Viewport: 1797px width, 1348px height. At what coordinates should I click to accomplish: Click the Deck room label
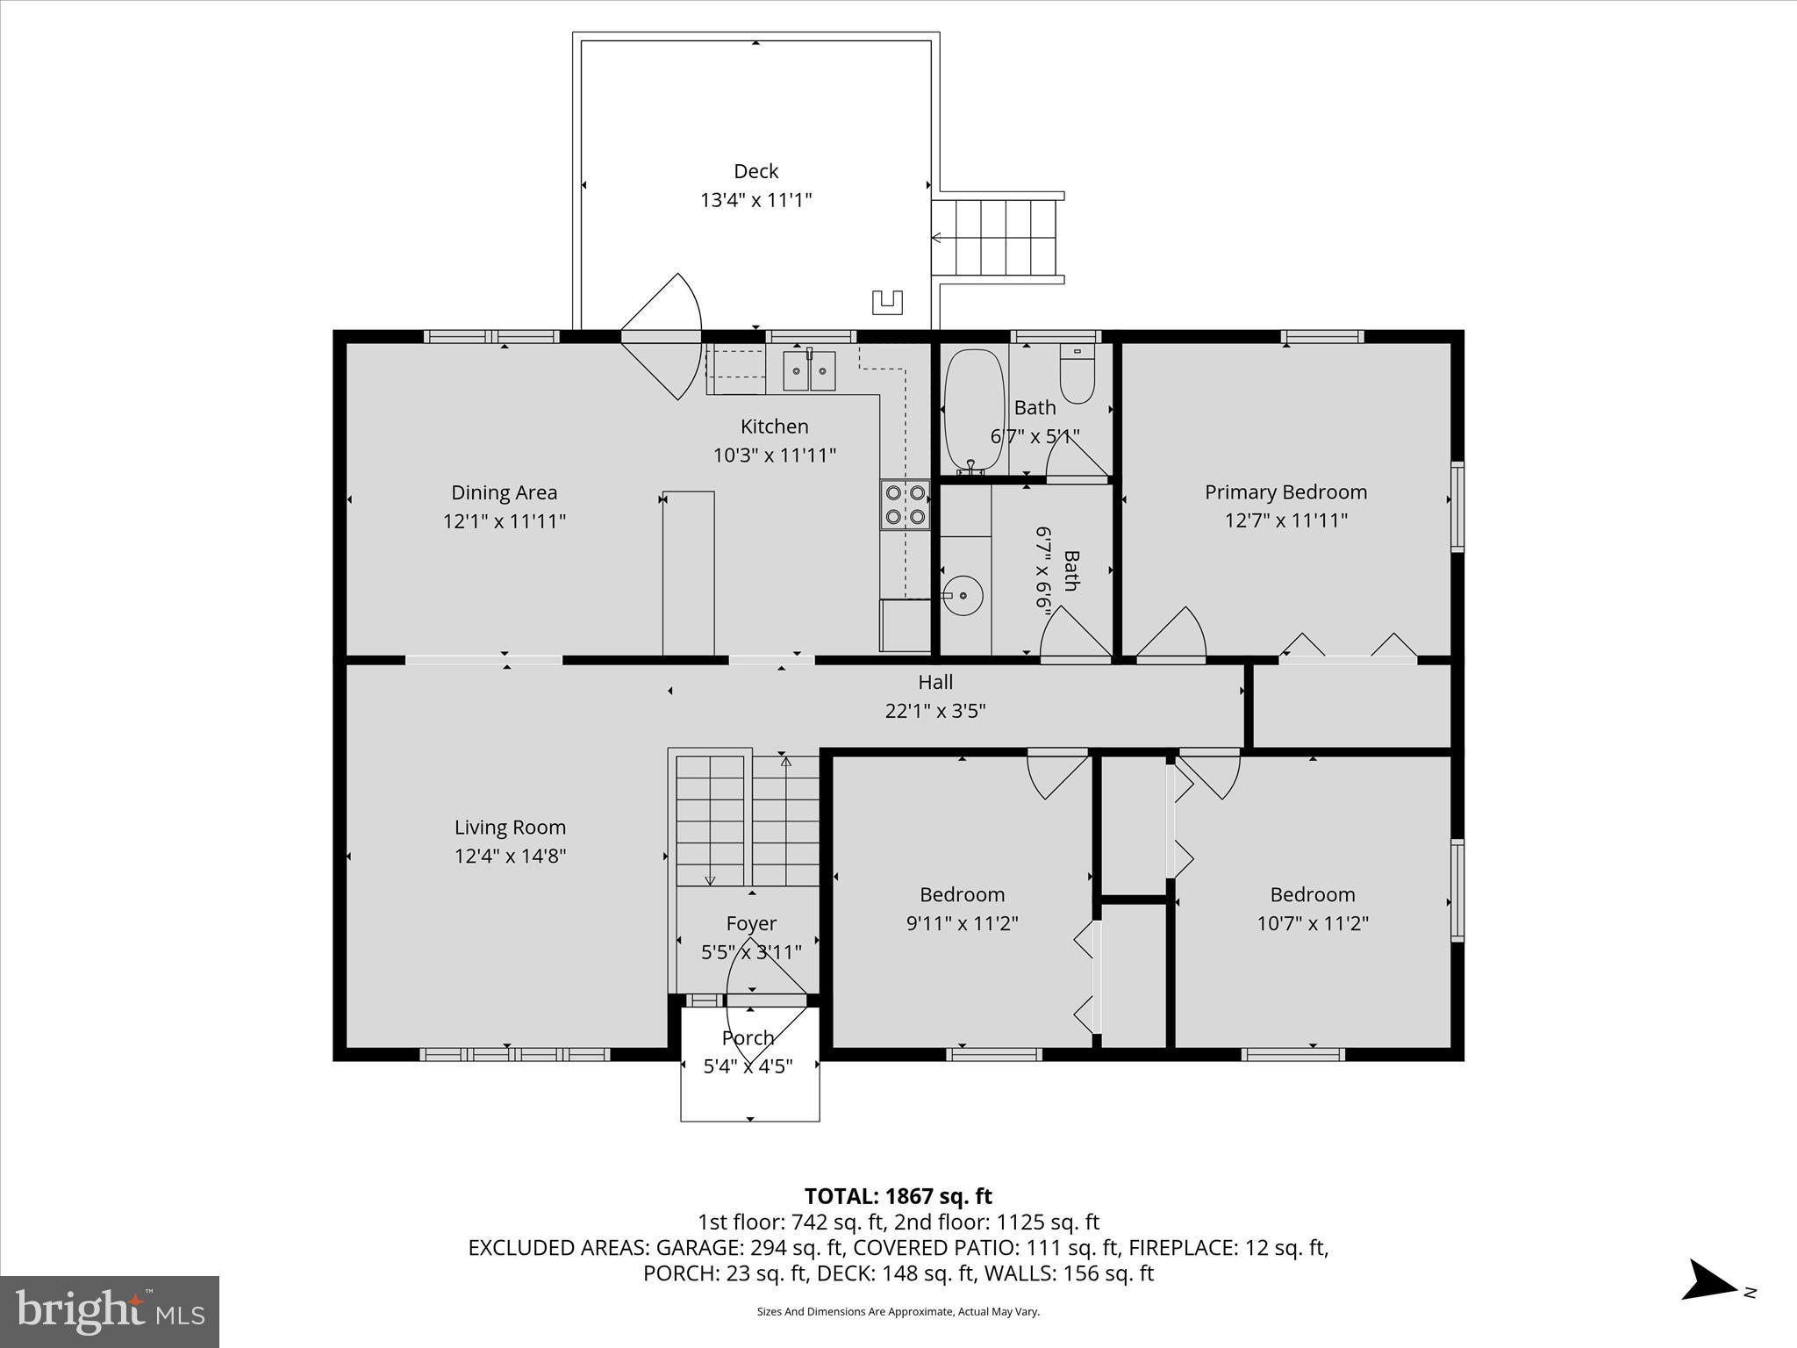pos(755,171)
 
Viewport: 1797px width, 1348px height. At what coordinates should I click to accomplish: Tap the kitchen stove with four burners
pos(906,505)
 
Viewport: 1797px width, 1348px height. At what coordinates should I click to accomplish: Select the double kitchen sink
pos(809,370)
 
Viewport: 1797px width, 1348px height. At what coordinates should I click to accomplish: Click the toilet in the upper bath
pos(1077,373)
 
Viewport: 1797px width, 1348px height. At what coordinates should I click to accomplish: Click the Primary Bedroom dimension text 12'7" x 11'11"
pos(1285,520)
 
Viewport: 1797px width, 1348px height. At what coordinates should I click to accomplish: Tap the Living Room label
pos(510,827)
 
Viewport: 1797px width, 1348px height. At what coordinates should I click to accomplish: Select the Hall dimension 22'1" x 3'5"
pos(935,711)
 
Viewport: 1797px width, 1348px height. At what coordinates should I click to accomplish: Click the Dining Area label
pos(504,492)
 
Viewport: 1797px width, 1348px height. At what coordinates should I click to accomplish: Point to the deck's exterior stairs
pos(998,238)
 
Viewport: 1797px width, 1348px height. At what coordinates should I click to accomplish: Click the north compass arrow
pos(1709,1304)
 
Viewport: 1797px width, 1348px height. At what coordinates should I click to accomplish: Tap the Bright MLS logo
pos(110,1311)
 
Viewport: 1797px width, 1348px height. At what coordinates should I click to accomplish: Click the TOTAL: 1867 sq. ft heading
pos(898,1196)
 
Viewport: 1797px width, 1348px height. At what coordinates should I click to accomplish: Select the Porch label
pos(748,1037)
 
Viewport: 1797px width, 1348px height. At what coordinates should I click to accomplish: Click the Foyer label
pos(751,923)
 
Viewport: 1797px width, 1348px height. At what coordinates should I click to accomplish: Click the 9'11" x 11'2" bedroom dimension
pos(962,923)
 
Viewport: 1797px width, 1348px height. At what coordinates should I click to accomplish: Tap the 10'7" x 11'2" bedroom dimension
pos(1313,923)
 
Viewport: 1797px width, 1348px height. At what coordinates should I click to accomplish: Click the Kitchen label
pos(774,427)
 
